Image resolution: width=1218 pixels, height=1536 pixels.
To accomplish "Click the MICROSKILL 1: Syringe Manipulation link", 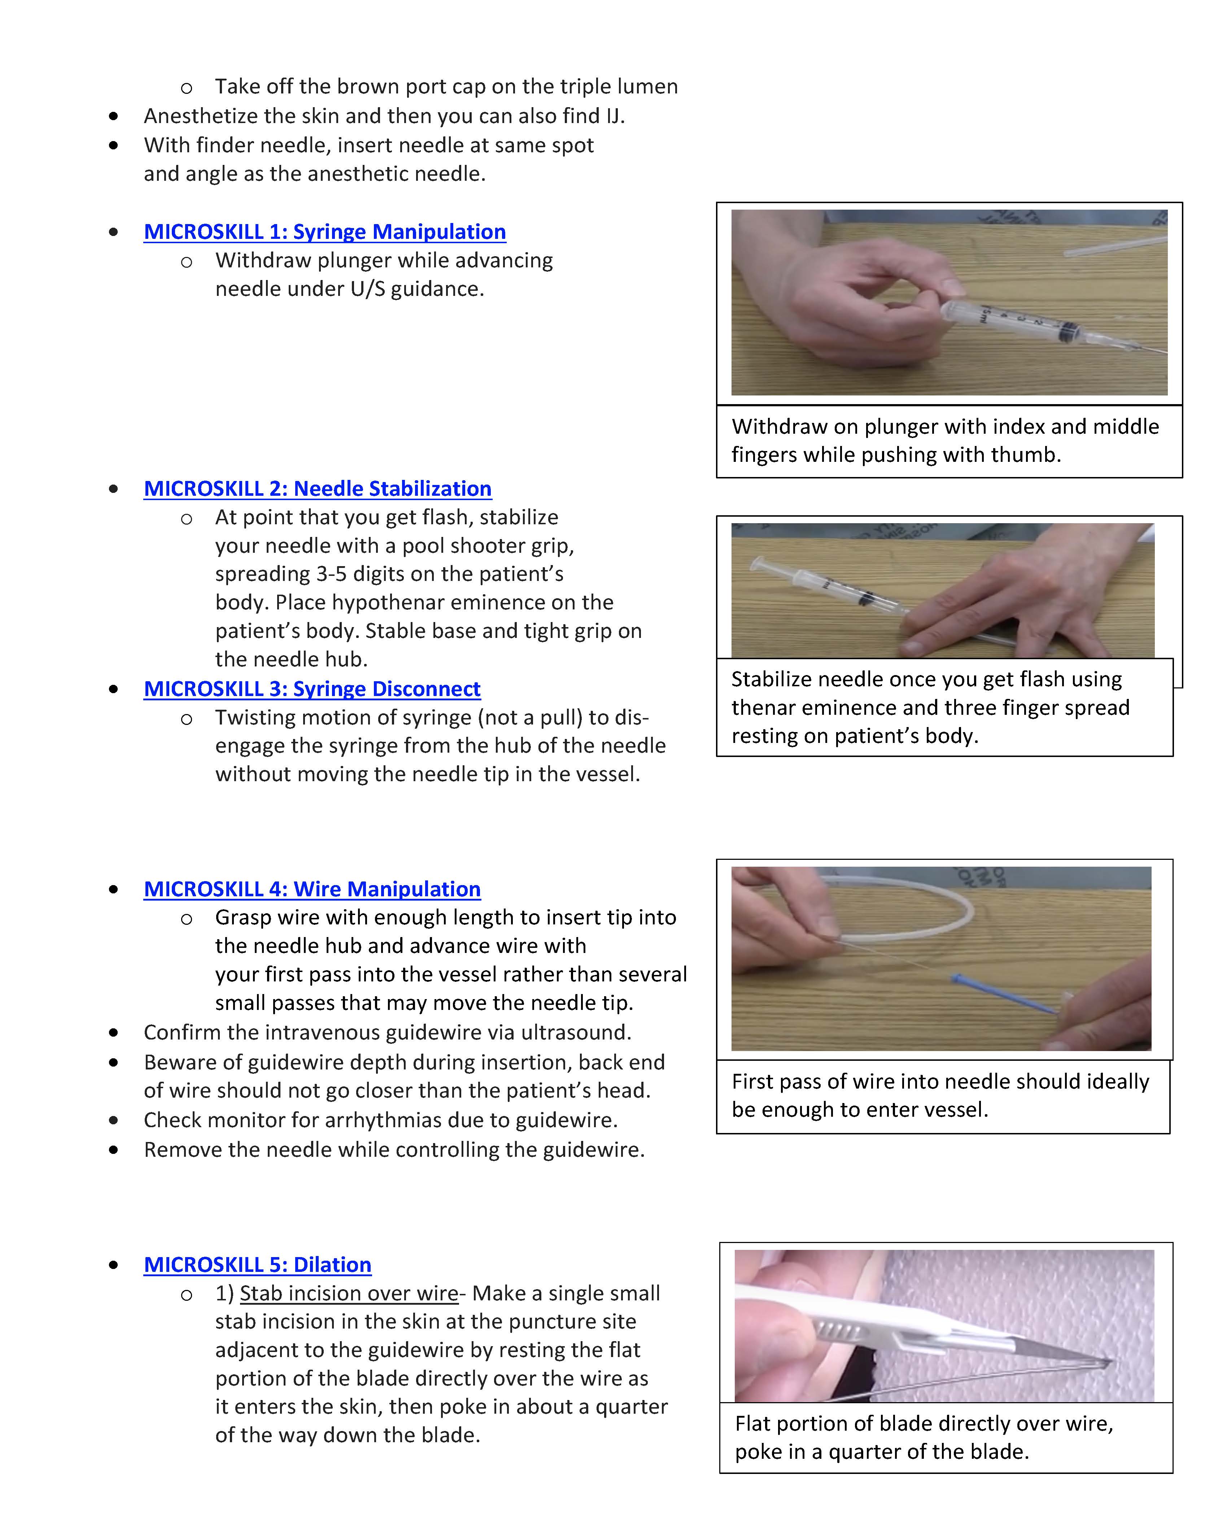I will (324, 232).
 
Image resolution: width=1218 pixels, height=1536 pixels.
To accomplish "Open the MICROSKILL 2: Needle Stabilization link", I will (317, 488).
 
